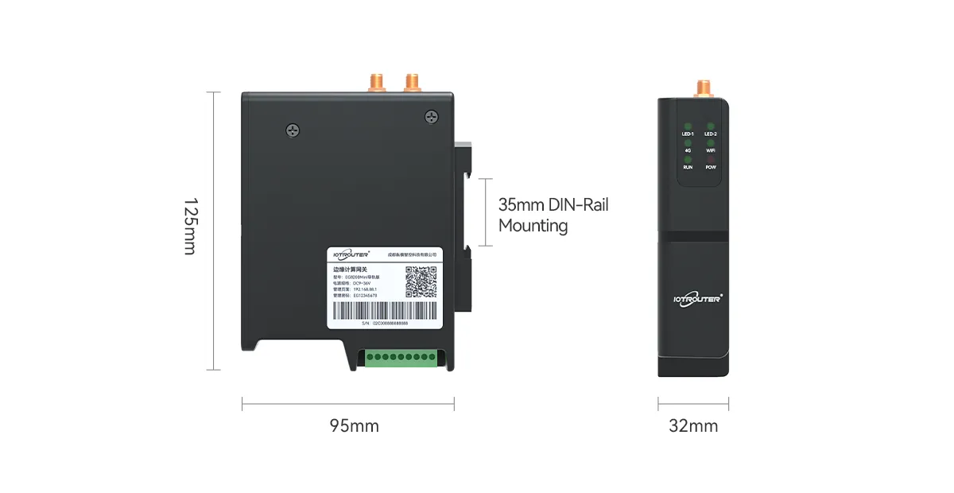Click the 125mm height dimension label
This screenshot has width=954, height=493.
pyautogui.click(x=189, y=227)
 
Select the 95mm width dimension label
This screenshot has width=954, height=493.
pyautogui.click(x=354, y=426)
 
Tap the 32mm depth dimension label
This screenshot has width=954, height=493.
pyautogui.click(x=693, y=426)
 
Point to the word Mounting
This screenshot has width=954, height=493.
pyautogui.click(x=533, y=226)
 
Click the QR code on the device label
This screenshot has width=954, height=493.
pyautogui.click(x=421, y=281)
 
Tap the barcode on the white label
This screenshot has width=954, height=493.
pyautogui.click(x=384, y=311)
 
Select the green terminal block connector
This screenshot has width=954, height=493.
pyautogui.click(x=401, y=358)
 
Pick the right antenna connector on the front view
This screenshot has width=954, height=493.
pyautogui.click(x=412, y=81)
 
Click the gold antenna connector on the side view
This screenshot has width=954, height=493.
pyautogui.click(x=702, y=87)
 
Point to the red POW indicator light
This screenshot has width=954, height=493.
pyautogui.click(x=711, y=160)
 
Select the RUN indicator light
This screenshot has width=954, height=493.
pyautogui.click(x=688, y=160)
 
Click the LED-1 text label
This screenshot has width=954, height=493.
pyautogui.click(x=688, y=134)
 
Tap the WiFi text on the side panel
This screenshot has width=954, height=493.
pyautogui.click(x=711, y=150)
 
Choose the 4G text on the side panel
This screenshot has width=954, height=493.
pyautogui.click(x=688, y=150)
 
